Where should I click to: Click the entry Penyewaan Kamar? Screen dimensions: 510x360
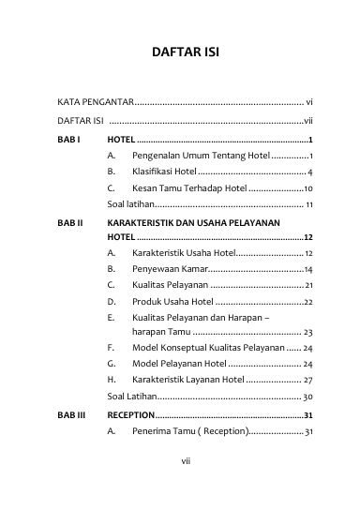pyautogui.click(x=168, y=269)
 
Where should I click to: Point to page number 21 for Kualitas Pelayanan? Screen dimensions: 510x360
pyautogui.click(x=308, y=285)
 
